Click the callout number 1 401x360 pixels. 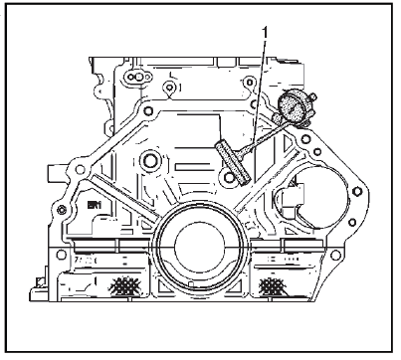pos(265,34)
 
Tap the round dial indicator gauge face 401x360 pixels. pos(291,105)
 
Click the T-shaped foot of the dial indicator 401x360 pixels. pos(233,162)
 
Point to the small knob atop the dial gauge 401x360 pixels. pos(312,96)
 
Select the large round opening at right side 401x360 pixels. pos(316,197)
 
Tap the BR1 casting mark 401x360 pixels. pos(95,205)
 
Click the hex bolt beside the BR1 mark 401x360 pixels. pos(62,210)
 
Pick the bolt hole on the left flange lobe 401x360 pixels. pos(80,170)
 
